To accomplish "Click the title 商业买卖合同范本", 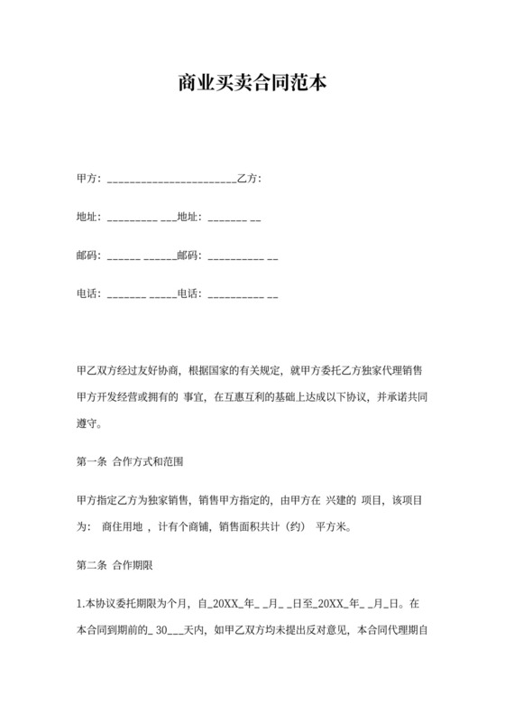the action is [x=252, y=84].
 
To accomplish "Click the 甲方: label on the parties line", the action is [x=90, y=179].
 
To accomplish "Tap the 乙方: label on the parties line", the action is [x=249, y=179].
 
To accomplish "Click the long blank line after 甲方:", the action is [x=171, y=181].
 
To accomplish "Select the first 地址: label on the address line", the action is [x=90, y=217].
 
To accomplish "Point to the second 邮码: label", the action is [x=190, y=255].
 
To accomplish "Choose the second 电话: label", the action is [x=190, y=293].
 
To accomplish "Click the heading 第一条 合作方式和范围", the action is [x=130, y=461].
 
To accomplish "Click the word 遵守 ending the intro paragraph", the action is [x=88, y=422].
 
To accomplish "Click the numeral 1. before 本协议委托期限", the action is [x=80, y=602].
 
